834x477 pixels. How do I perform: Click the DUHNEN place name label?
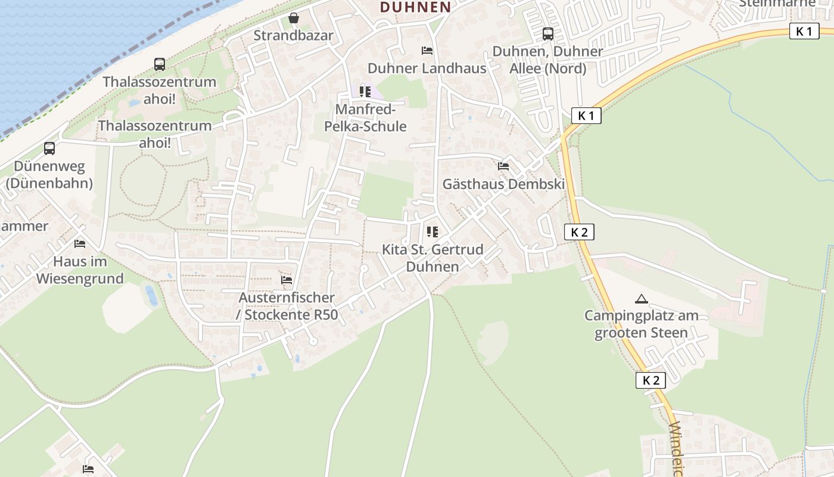[x=415, y=7]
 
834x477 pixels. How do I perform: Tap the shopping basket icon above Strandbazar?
[x=293, y=18]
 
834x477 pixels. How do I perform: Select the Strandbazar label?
[x=293, y=35]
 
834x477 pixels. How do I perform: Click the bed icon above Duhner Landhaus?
[x=427, y=51]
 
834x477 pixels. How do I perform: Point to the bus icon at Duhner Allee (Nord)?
[x=547, y=34]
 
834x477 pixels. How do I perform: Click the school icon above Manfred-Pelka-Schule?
[x=365, y=92]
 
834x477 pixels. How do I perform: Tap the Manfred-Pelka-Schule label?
[x=365, y=118]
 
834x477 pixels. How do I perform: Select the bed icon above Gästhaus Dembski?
[x=503, y=166]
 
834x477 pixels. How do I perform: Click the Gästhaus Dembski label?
[x=503, y=184]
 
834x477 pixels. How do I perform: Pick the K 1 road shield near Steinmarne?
[x=804, y=31]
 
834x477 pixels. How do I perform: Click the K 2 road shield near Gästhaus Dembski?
[x=579, y=232]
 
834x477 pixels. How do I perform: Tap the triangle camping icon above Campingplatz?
[x=641, y=299]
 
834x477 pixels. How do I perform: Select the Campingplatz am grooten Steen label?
[x=641, y=324]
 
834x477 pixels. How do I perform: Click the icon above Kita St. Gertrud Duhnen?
[x=432, y=231]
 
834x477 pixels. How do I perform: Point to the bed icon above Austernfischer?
[x=287, y=280]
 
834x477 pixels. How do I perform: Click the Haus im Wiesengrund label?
[x=80, y=270]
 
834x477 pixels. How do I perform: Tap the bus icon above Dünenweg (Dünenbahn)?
[x=49, y=148]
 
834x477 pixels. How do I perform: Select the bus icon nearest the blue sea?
[x=159, y=64]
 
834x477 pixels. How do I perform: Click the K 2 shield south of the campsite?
[x=650, y=380]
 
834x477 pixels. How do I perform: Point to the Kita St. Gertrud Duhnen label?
[x=432, y=258]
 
